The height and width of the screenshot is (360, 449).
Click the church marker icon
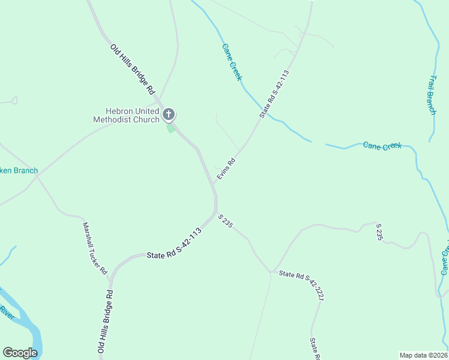click(169, 114)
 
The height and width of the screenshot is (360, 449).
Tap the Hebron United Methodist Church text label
click(126, 115)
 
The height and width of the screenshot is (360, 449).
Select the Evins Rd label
click(226, 169)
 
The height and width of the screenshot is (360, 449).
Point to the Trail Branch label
click(432, 95)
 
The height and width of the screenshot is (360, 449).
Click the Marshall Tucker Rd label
click(94, 248)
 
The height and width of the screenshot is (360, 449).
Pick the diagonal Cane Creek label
click(232, 62)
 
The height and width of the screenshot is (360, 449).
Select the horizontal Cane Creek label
click(382, 146)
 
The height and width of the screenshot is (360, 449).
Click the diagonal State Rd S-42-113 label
click(274, 94)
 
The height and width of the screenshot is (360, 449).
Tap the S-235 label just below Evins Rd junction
click(225, 221)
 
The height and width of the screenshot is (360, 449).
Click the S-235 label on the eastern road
click(379, 232)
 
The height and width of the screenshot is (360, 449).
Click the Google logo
click(20, 353)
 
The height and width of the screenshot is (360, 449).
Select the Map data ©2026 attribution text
click(423, 355)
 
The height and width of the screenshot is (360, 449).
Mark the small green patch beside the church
click(171, 128)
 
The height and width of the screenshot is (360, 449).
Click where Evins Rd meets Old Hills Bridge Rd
click(214, 183)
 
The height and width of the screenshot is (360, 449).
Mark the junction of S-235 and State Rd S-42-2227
click(271, 272)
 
